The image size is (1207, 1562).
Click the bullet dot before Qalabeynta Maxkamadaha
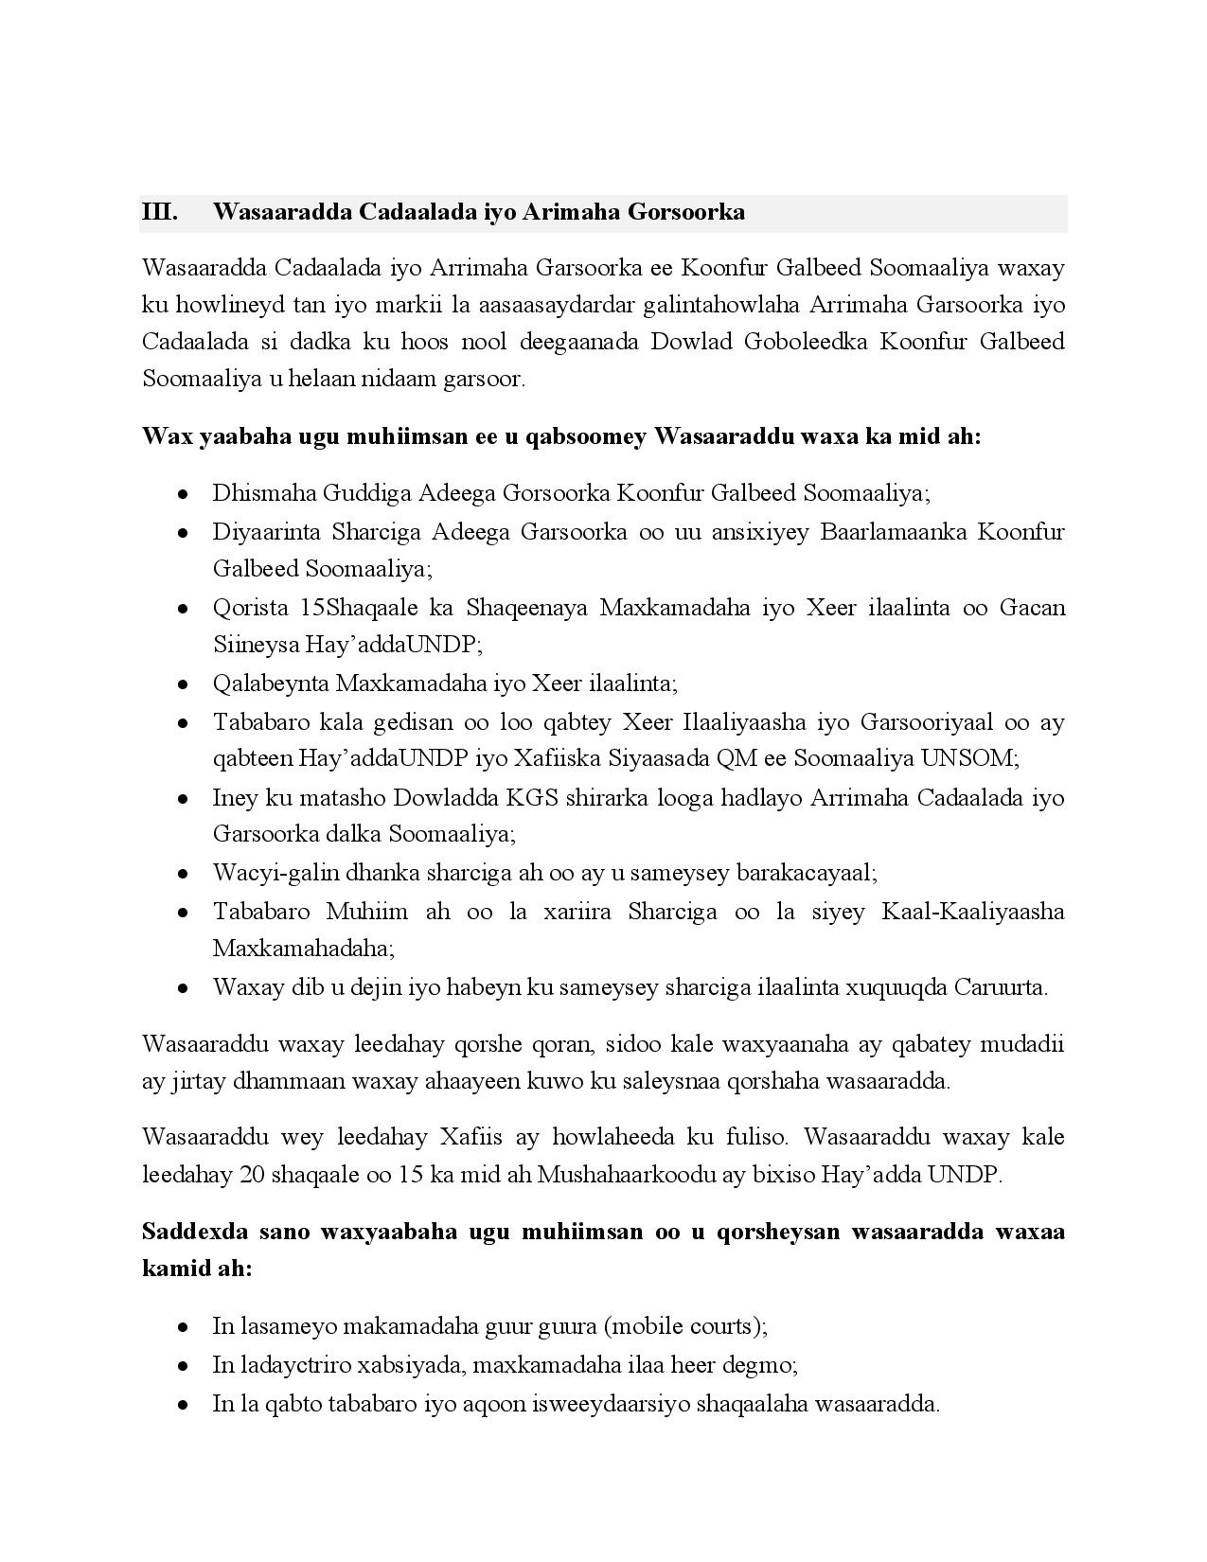183,684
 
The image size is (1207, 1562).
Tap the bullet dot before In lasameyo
183,1327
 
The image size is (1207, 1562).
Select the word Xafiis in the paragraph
470,1136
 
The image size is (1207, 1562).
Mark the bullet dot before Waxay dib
183,988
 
